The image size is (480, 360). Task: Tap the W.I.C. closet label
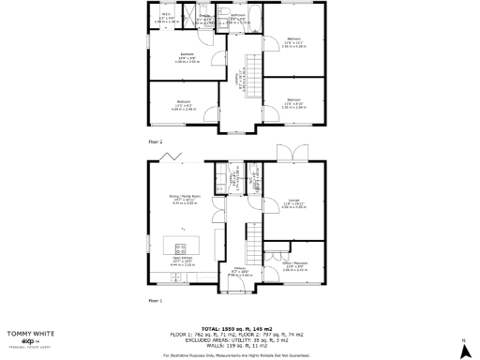(x=165, y=17)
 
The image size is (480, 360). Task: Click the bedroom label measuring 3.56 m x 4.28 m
(x=293, y=40)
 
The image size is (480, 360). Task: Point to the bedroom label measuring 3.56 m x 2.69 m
(x=293, y=101)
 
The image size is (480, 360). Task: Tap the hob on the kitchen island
(x=178, y=246)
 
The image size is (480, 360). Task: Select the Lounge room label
(x=294, y=204)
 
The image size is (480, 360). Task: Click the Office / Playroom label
(x=295, y=267)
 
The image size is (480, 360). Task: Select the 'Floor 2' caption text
(x=156, y=141)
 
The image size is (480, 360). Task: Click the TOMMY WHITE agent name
(x=30, y=333)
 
